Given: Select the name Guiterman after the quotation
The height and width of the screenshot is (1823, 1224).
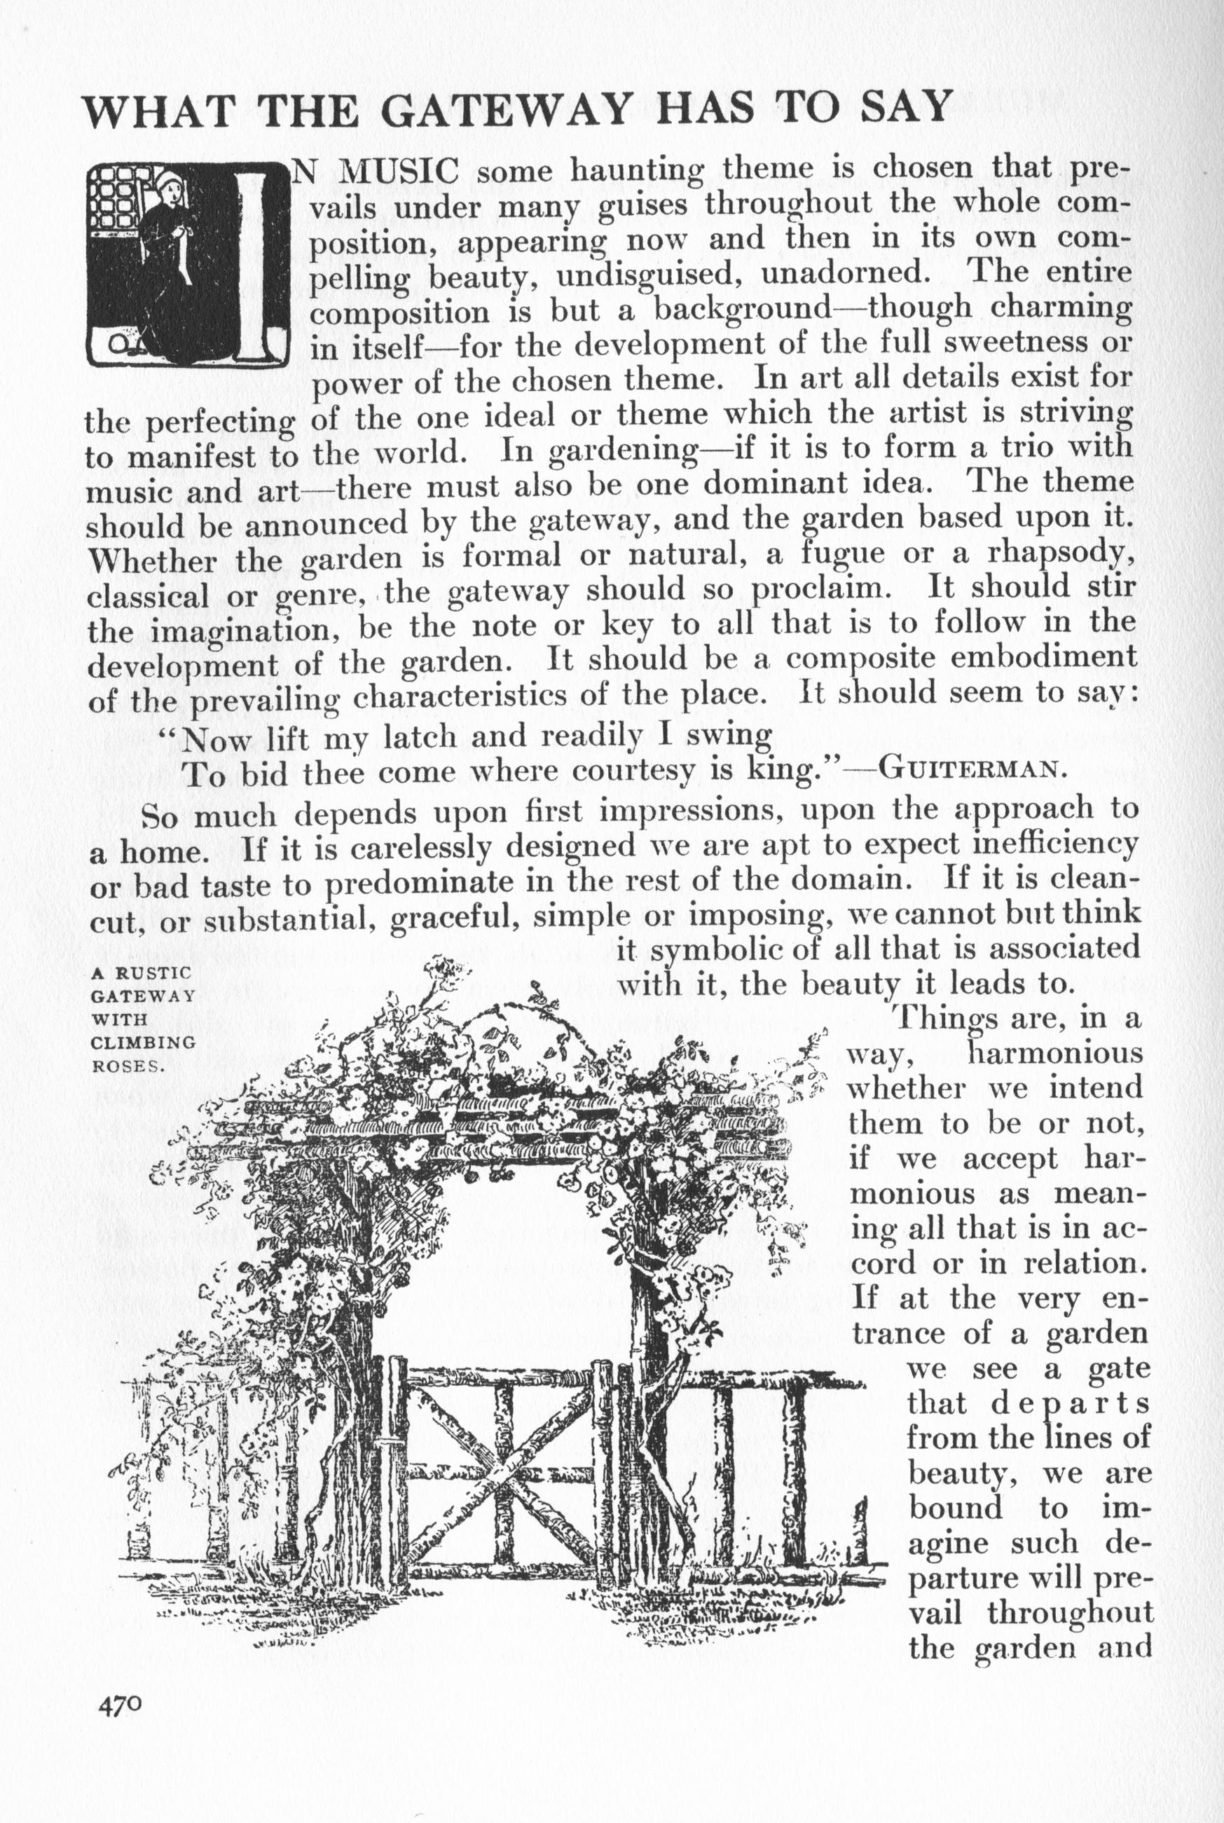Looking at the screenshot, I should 972,770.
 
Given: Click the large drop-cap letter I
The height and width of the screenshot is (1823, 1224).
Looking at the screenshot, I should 253,266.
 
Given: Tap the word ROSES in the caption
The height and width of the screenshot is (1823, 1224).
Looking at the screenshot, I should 125,1065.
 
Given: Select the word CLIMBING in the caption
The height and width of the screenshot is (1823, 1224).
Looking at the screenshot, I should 143,1042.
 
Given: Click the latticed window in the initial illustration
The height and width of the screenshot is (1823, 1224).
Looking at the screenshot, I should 114,201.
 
